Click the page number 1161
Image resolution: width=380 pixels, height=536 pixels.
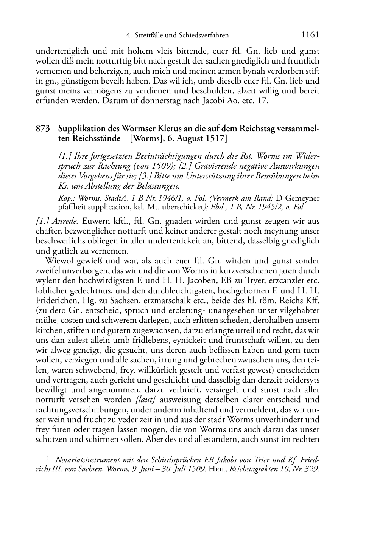pos(310,35)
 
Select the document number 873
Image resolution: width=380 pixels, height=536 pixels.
pos(43,129)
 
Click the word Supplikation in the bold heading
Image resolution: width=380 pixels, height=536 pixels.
pos(81,129)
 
